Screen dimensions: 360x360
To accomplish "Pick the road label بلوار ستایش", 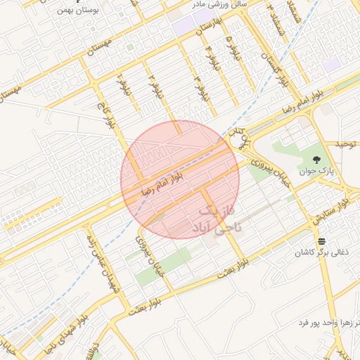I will point(333,212).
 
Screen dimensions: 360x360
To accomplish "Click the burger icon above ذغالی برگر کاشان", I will point(321,241).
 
